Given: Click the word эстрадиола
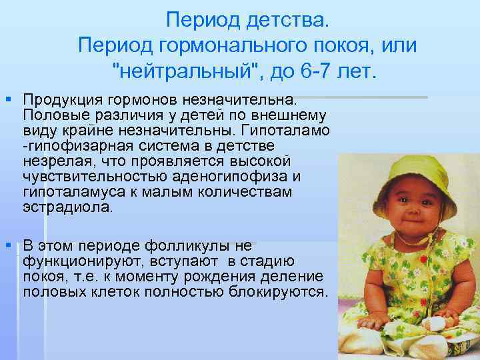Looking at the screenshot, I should coord(68,207).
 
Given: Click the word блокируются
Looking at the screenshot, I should coord(278,292).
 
